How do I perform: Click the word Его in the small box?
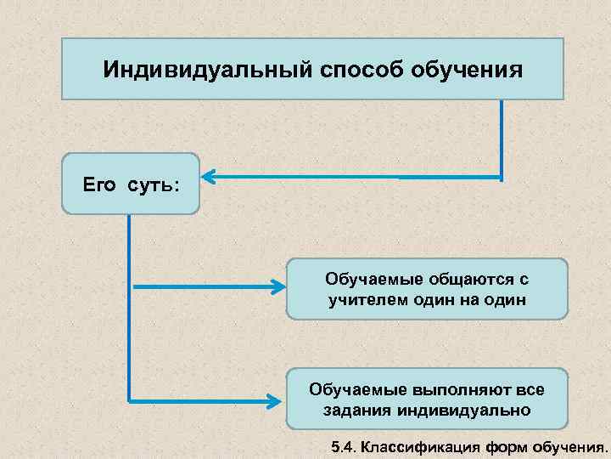pyautogui.click(x=98, y=184)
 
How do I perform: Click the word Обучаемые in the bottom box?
pyautogui.click(x=356, y=389)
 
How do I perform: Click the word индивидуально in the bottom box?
pyautogui.click(x=462, y=410)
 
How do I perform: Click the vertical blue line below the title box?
pyautogui.click(x=502, y=140)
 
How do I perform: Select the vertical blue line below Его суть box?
pyautogui.click(x=129, y=306)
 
